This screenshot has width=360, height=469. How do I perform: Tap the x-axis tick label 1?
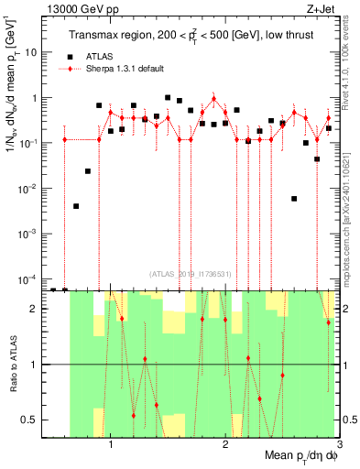pyautogui.click(x=111, y=444)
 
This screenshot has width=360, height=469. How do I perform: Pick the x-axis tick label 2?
pyautogui.click(x=224, y=444)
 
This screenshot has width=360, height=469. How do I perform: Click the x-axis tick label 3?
pyautogui.click(x=338, y=444)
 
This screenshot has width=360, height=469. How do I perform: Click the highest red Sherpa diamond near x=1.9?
pyautogui.click(x=213, y=98)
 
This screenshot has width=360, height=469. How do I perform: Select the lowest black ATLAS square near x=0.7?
pyautogui.click(x=76, y=206)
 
